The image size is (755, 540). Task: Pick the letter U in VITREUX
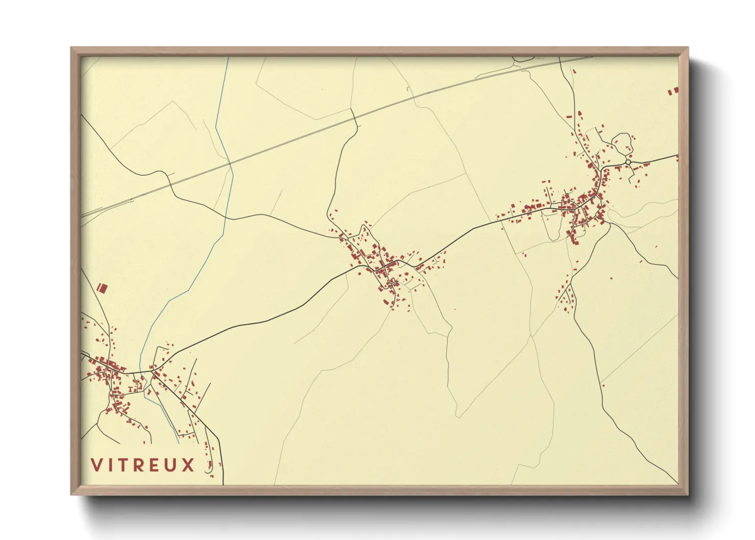click(172, 465)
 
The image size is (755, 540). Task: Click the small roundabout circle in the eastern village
click(628, 162)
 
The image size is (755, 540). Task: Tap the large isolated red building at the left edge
click(102, 288)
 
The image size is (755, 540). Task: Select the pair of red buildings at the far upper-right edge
click(673, 91)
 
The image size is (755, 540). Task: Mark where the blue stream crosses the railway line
click(230, 163)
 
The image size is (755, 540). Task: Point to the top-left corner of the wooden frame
click(71, 48)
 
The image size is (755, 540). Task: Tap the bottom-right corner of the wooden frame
click(688, 495)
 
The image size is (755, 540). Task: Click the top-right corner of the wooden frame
click(688, 48)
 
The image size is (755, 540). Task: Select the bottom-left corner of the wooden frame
click(71, 495)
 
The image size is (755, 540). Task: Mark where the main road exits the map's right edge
click(678, 155)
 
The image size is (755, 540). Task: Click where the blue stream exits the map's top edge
click(228, 57)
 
